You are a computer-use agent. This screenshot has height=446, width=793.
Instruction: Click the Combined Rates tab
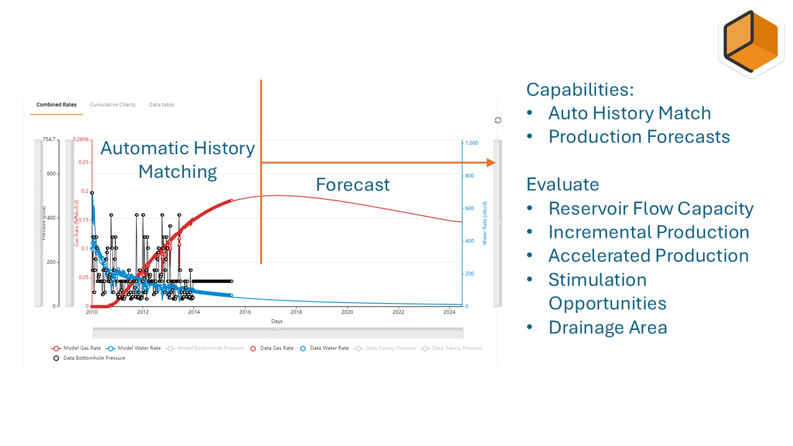(56, 105)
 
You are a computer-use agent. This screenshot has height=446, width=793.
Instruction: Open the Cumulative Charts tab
(113, 105)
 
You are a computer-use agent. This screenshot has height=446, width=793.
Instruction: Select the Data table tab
(161, 105)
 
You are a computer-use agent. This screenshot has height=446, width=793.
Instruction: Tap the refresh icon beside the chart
(498, 120)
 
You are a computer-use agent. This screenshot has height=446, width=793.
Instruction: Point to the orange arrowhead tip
(495, 162)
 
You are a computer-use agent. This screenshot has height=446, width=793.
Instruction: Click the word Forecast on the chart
(353, 185)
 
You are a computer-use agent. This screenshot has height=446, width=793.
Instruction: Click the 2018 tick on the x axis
(296, 312)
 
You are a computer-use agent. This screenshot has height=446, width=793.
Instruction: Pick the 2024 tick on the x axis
(449, 312)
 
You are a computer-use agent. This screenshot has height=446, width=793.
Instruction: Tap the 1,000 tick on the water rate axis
(471, 143)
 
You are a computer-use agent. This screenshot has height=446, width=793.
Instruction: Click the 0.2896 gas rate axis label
(81, 139)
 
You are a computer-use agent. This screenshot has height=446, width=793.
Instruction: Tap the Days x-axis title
(276, 321)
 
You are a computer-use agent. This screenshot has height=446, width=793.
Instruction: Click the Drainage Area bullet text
(608, 327)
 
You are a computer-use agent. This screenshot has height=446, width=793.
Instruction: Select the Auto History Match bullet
(629, 113)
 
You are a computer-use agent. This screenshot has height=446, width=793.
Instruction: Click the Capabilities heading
(580, 89)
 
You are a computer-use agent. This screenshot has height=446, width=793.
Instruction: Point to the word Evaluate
(563, 184)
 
